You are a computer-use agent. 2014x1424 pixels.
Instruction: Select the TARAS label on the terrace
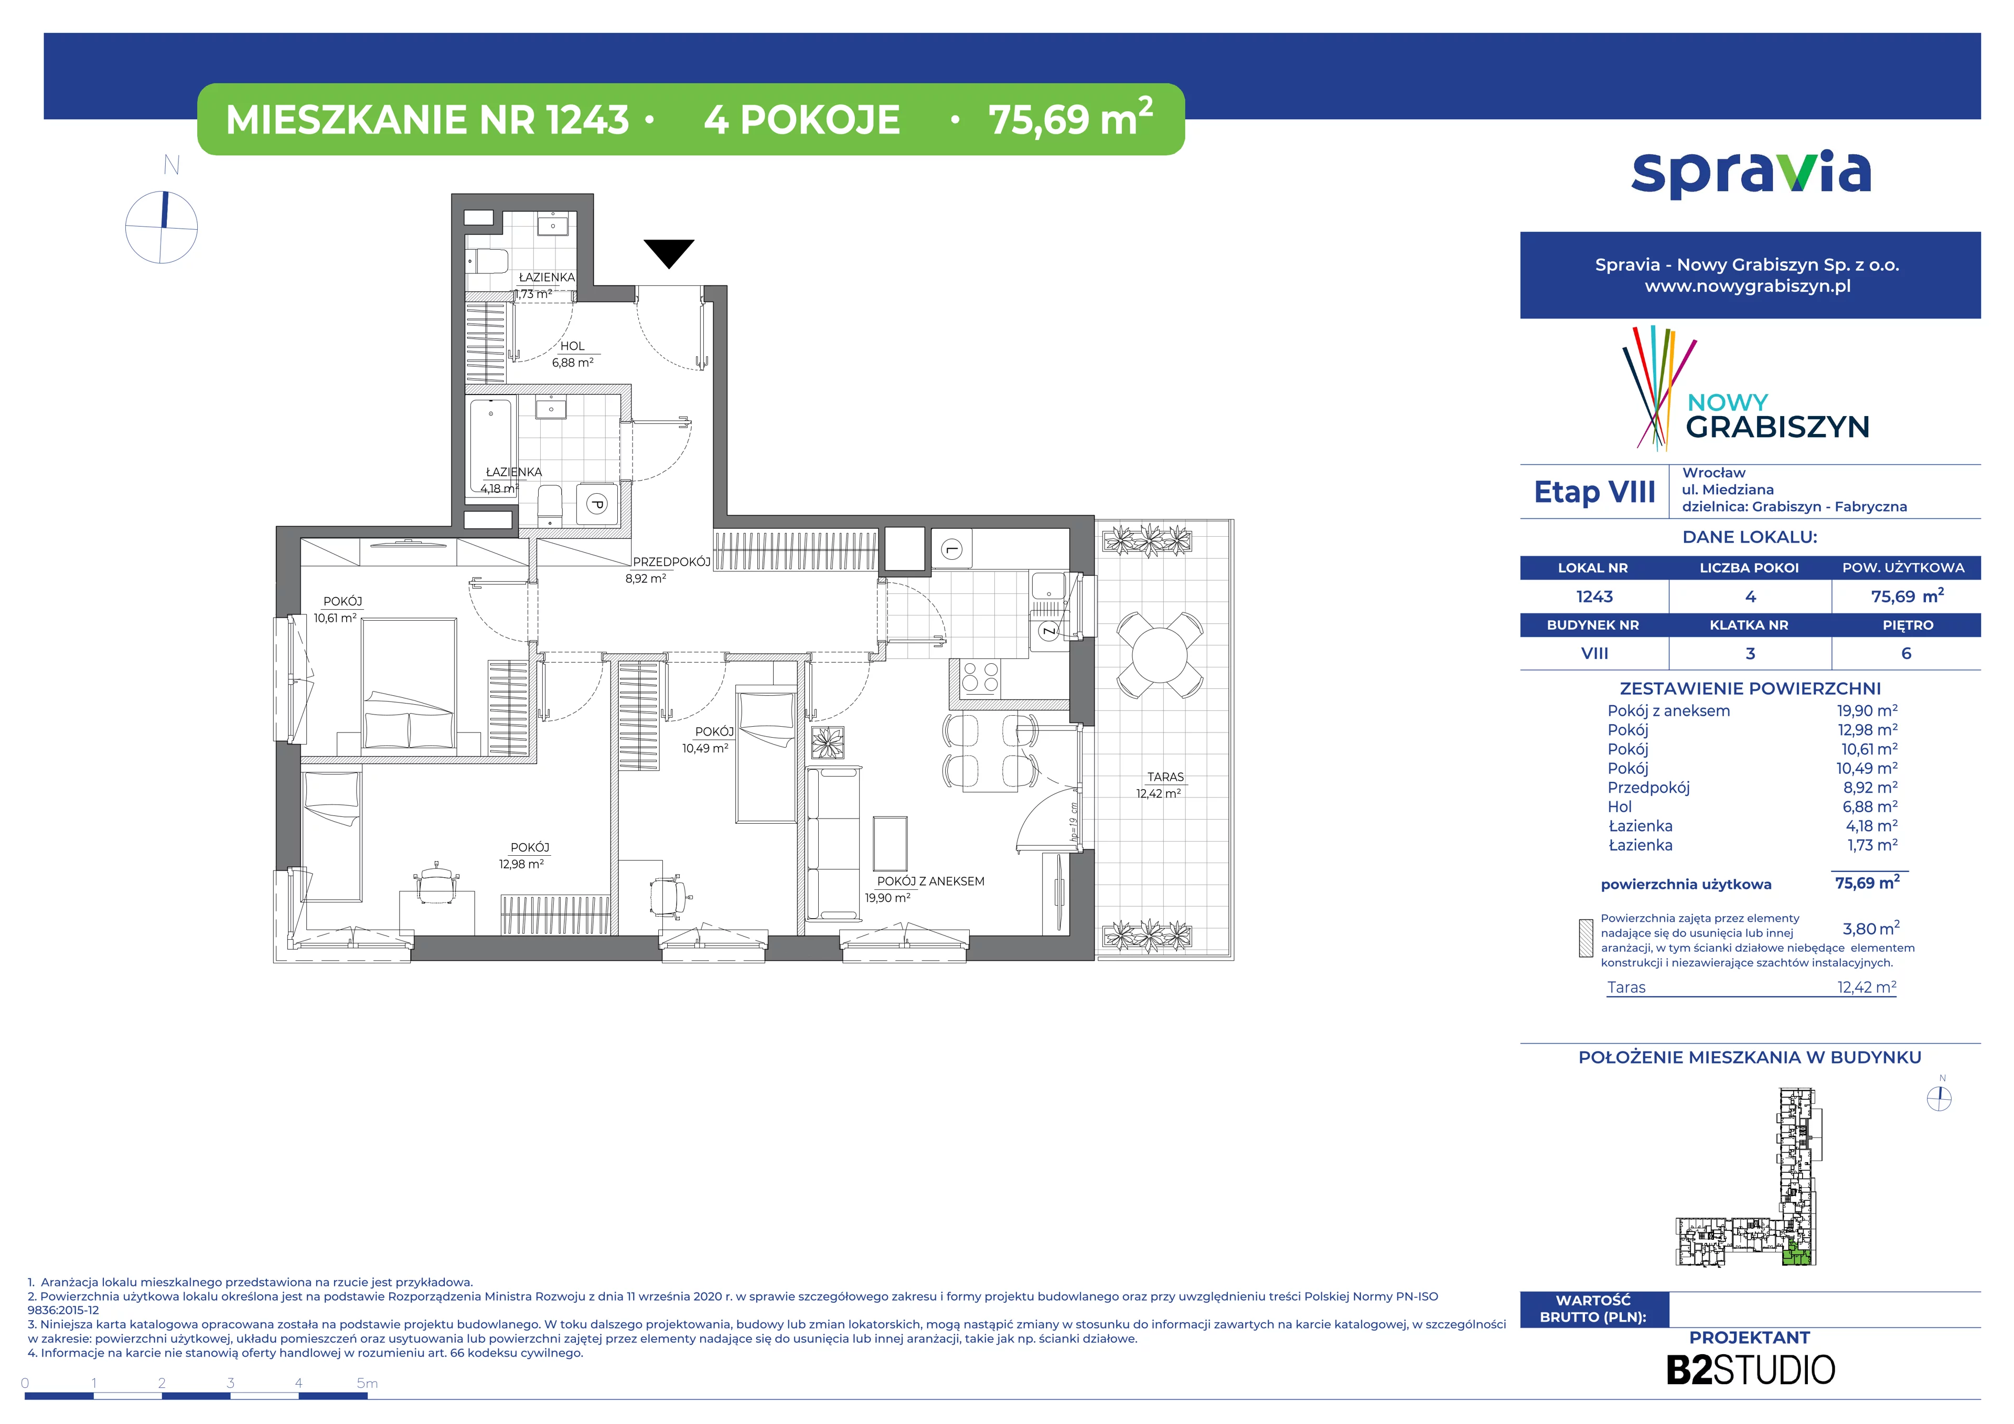[x=1165, y=777]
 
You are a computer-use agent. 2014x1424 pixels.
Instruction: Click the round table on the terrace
[x=1160, y=654]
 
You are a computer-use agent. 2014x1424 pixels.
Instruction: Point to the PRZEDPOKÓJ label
[x=671, y=561]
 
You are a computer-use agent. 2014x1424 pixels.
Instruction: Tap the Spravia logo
[x=1751, y=174]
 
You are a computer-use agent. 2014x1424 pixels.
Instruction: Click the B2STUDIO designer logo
[x=1750, y=1369]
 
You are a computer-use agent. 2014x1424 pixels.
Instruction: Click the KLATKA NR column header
[x=1749, y=625]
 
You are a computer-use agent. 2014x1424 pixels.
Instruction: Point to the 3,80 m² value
[x=1871, y=928]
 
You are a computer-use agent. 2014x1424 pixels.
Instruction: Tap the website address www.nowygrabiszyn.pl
[x=1748, y=286]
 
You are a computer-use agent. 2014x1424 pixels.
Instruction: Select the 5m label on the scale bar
[x=368, y=1384]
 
